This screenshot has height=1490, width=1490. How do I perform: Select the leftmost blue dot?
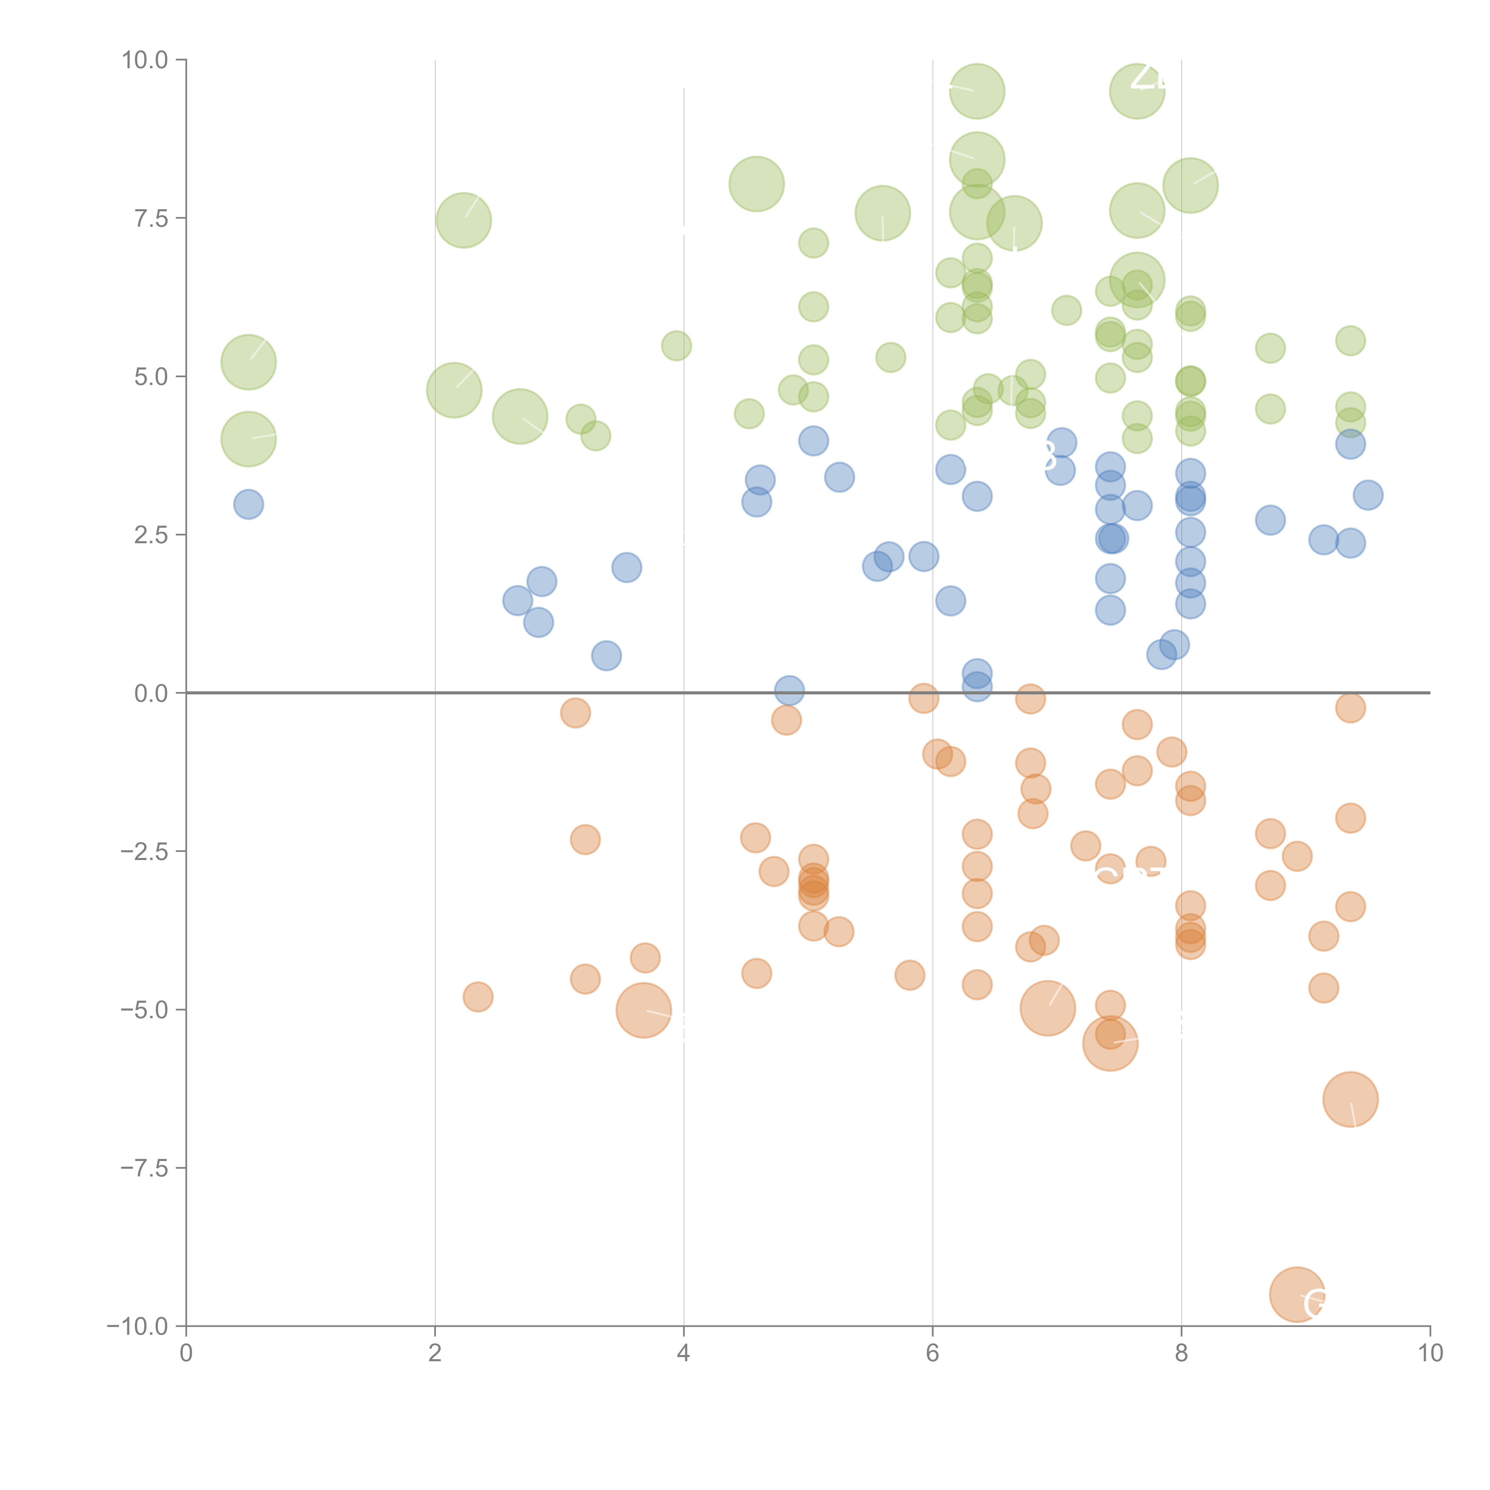pos(248,505)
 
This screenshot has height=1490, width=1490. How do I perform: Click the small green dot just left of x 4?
pos(676,345)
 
